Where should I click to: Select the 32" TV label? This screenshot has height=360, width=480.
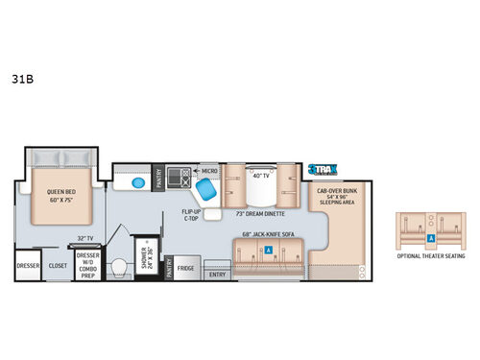(84, 237)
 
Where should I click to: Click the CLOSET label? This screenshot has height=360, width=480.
(59, 266)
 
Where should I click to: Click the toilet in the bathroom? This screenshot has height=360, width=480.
(120, 267)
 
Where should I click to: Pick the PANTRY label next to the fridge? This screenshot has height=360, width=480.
(169, 267)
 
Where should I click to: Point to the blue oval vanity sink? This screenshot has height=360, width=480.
(136, 180)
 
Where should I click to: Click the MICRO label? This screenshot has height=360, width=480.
(207, 171)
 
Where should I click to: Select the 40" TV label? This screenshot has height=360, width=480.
(258, 175)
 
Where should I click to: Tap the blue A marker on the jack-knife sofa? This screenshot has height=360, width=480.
(268, 249)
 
